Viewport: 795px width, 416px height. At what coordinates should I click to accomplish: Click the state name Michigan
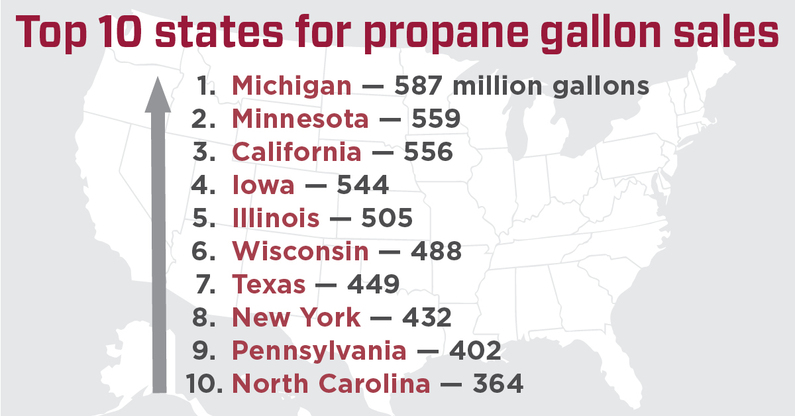point(291,86)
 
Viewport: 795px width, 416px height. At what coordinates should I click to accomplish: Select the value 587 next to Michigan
point(417,86)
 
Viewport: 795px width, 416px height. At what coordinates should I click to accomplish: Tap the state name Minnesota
point(300,119)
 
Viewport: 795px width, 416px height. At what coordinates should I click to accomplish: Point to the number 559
point(436,119)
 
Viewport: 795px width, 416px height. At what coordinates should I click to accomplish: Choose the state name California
point(297,152)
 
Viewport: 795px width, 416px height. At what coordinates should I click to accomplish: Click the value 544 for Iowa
point(362,185)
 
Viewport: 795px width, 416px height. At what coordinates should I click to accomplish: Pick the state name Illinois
point(276,219)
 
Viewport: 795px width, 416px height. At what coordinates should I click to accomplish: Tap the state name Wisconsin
point(300,252)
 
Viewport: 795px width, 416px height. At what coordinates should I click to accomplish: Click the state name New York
point(296,318)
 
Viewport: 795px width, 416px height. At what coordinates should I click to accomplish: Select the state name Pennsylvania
point(319,351)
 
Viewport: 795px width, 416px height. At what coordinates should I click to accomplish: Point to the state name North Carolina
point(331,384)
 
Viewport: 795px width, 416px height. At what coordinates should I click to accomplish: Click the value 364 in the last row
point(498,384)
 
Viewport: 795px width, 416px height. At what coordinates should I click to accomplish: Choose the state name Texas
point(269,285)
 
